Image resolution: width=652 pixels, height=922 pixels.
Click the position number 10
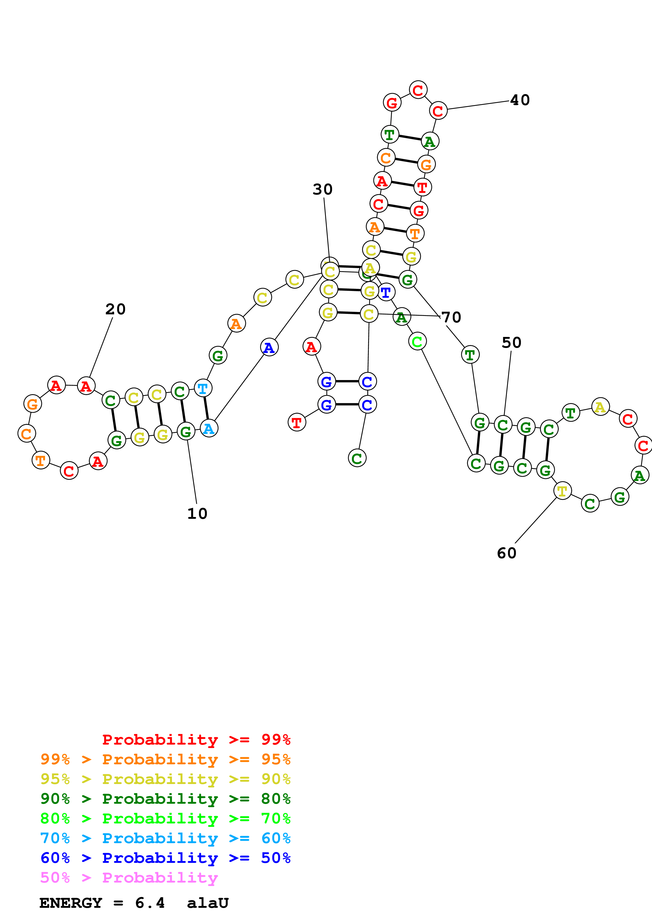tap(197, 514)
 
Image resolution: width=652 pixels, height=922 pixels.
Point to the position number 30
tap(323, 189)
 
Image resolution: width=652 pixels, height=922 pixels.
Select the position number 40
tap(520, 100)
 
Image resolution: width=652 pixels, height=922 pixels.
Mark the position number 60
tap(507, 553)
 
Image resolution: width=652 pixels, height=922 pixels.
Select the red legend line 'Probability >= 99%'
tap(196, 740)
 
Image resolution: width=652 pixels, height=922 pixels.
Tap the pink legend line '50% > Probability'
tap(129, 878)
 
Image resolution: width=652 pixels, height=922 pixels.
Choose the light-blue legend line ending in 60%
tap(165, 838)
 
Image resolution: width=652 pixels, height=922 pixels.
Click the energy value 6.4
tap(150, 903)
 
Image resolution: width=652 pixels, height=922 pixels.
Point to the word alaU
tap(208, 903)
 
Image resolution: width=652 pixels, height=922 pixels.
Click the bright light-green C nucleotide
tap(417, 342)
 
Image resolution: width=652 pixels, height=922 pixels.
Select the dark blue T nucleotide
tap(386, 292)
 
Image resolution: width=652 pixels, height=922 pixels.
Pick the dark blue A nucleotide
tap(269, 347)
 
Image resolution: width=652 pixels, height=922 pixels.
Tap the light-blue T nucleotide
tap(203, 388)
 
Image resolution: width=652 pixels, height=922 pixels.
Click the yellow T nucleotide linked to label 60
tap(562, 491)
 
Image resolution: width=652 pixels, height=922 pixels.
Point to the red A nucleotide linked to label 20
tap(86, 386)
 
